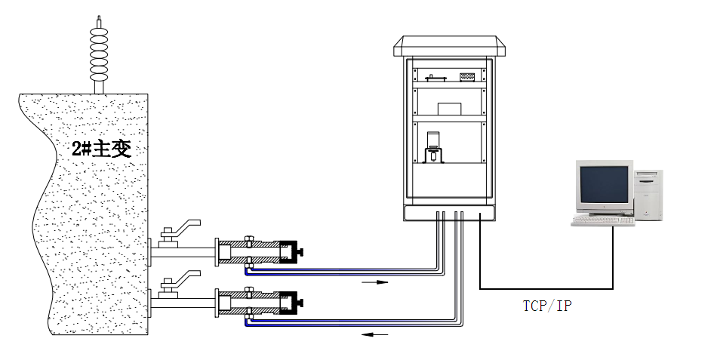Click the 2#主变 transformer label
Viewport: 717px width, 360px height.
(x=101, y=148)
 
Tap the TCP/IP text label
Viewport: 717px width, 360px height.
(x=547, y=305)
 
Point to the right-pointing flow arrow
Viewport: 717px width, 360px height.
(x=375, y=282)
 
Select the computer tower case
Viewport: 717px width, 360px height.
(x=648, y=195)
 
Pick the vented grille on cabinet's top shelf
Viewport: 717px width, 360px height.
(x=467, y=76)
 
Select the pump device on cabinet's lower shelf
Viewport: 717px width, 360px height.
(x=434, y=148)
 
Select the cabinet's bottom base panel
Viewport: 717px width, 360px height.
(x=451, y=213)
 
